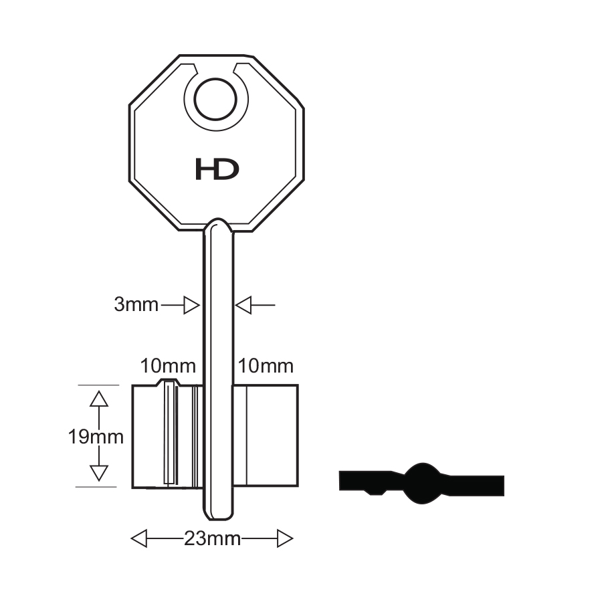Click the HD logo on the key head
tap(217, 170)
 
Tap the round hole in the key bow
tap(215, 100)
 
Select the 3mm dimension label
tap(136, 305)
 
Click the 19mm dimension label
tap(96, 437)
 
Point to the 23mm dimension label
tap(212, 538)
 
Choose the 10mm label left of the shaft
tap(168, 366)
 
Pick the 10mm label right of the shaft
tap(266, 366)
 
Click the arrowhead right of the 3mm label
tap(191, 305)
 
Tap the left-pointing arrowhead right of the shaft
tap(243, 305)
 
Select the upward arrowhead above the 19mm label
tap(99, 399)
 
